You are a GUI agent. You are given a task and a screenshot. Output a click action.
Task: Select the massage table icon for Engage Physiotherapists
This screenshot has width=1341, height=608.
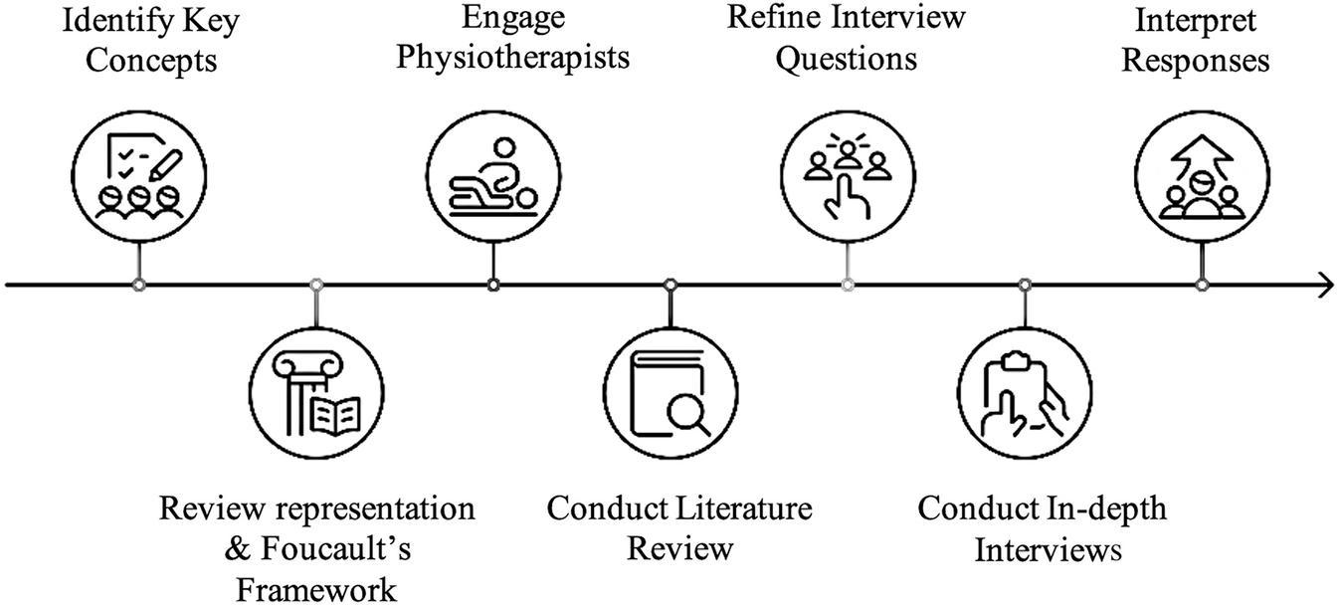(492, 176)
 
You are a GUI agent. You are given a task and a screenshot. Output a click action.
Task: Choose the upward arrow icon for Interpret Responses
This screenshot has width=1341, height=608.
(1203, 176)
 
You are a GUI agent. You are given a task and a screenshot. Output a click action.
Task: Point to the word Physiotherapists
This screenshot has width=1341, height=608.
(513, 57)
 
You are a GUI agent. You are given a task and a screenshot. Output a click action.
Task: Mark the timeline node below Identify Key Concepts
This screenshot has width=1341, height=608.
(139, 286)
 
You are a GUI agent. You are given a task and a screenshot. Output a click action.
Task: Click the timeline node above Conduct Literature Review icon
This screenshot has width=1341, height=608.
(670, 286)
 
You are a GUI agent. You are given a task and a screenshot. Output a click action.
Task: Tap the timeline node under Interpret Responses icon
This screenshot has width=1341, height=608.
(1203, 286)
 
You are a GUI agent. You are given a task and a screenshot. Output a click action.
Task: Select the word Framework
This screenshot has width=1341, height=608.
(316, 589)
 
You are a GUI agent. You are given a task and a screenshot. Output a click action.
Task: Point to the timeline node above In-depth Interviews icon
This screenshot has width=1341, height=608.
(1025, 286)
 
